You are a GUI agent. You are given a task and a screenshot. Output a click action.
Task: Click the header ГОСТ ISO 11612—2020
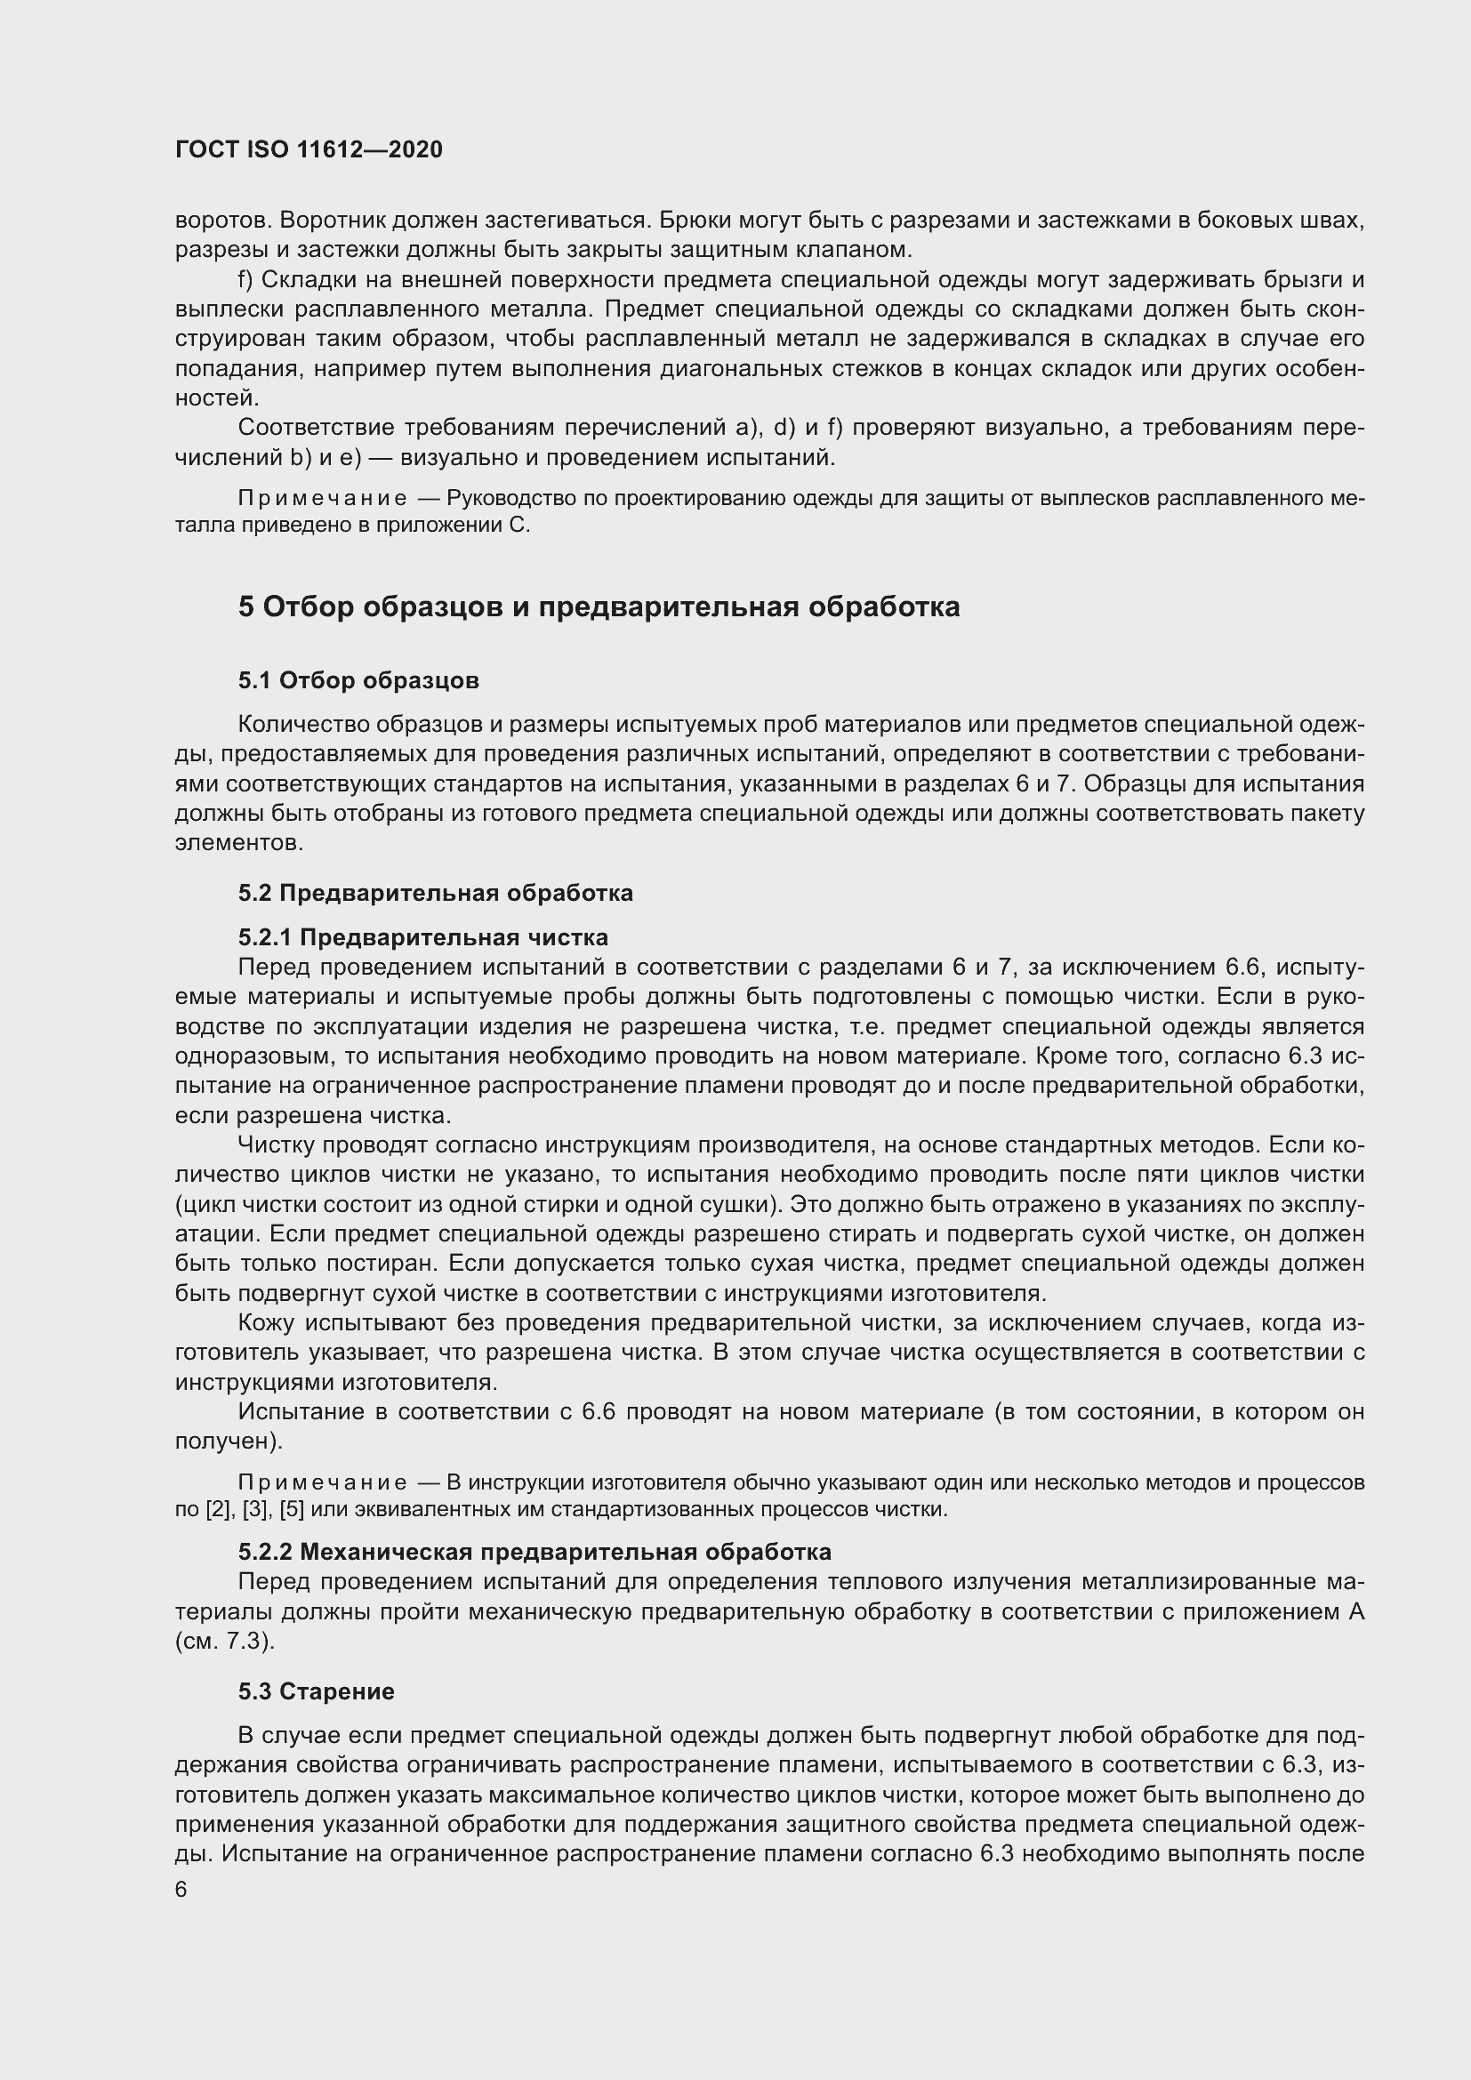pyautogui.click(x=308, y=149)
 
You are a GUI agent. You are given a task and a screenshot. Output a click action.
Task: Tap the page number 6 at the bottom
pyautogui.click(x=181, y=1890)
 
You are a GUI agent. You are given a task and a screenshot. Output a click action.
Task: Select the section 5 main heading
pyautogui.click(x=599, y=607)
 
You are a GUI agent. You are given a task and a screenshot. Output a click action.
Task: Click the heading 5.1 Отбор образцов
pyautogui.click(x=358, y=680)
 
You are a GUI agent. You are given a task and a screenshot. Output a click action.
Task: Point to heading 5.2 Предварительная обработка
pyautogui.click(x=436, y=893)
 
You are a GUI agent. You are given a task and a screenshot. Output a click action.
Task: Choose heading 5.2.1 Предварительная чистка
pyautogui.click(x=423, y=936)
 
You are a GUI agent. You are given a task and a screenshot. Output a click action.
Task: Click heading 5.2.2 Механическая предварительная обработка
pyautogui.click(x=535, y=1552)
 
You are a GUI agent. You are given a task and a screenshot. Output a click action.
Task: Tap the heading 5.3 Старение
pyautogui.click(x=316, y=1691)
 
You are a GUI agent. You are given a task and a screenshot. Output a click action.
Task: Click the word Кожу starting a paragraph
pyautogui.click(x=266, y=1323)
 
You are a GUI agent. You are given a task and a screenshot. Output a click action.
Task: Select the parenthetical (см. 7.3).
pyautogui.click(x=225, y=1642)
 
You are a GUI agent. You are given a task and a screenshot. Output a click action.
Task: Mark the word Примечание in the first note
pyautogui.click(x=322, y=499)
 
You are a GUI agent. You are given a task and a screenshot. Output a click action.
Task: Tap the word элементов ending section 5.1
pyautogui.click(x=238, y=843)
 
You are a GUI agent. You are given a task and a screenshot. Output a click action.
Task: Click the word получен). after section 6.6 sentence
pyautogui.click(x=229, y=1442)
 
